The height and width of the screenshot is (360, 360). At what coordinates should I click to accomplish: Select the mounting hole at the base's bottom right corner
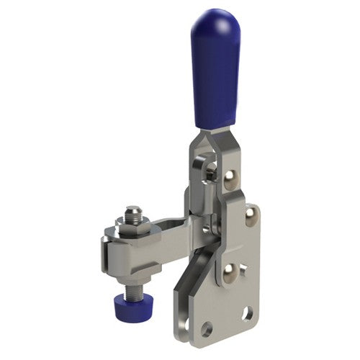pyautogui.click(x=248, y=314)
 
